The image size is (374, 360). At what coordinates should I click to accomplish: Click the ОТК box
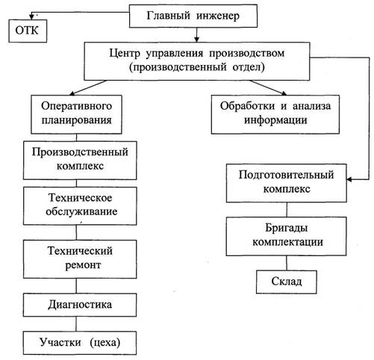pos(28,31)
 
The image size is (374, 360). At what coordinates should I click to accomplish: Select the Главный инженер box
pos(193,16)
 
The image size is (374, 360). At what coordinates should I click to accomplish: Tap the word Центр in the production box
pos(125,53)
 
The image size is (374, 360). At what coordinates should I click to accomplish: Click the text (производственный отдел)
pos(197,67)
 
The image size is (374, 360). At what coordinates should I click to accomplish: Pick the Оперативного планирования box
pos(76,114)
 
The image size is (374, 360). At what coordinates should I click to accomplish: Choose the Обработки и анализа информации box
pos(275,114)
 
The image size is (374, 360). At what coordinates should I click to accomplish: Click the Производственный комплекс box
pos(80,161)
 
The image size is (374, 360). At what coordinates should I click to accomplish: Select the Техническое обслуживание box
pos(80,206)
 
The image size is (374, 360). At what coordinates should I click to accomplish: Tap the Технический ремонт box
pos(80,259)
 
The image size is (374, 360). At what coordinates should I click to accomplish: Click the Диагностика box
pos(80,305)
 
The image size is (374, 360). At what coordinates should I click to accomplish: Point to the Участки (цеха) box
pos(80,343)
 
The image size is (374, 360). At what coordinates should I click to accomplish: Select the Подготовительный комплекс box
pos(286,183)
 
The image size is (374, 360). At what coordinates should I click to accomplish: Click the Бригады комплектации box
pos(286,236)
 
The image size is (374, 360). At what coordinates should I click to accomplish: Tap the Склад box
pos(287,282)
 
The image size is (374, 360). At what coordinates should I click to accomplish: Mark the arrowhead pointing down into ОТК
pos(31,17)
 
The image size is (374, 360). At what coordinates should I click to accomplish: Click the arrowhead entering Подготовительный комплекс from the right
pos(349,179)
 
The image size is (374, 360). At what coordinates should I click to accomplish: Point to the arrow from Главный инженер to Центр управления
pos(196,34)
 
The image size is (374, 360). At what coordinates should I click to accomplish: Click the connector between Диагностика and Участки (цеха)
pos(76,324)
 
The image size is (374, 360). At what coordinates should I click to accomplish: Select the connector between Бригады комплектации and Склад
pos(287,263)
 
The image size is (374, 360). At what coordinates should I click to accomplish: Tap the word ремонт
pos(83,265)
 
